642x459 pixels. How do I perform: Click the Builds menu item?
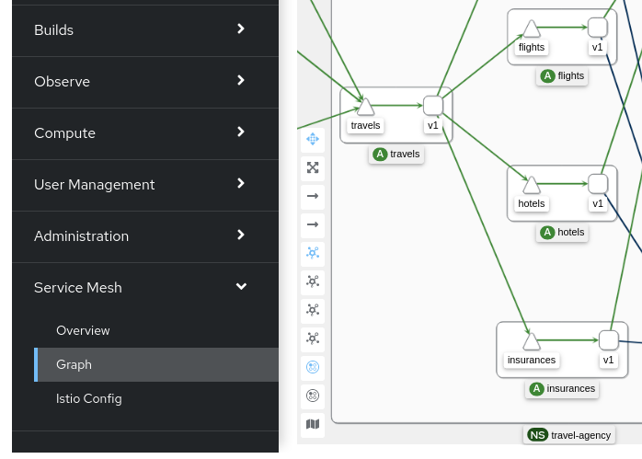[x=53, y=29]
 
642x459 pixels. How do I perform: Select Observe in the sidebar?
[x=62, y=81]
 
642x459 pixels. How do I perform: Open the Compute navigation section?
[x=64, y=132]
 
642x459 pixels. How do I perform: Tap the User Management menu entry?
[x=94, y=184]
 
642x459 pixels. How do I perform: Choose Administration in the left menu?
[x=81, y=235]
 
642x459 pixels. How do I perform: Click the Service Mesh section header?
[x=78, y=287]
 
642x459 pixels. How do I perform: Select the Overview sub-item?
[x=83, y=330]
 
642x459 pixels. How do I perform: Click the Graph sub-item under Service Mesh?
[x=74, y=364]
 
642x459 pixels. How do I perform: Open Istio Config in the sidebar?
[x=88, y=398]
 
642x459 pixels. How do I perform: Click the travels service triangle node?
[x=365, y=107]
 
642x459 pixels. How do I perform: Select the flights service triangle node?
[x=532, y=29]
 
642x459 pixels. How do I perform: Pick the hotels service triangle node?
[x=532, y=185]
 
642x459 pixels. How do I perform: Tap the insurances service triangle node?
[x=532, y=341]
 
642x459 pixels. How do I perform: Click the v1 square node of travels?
[x=433, y=105]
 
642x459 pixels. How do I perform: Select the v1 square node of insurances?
[x=609, y=339]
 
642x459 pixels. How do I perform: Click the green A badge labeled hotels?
[x=547, y=232]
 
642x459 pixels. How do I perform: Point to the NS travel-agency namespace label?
[x=568, y=434]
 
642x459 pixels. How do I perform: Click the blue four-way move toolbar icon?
[x=313, y=139]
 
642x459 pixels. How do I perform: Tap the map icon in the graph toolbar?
[x=313, y=424]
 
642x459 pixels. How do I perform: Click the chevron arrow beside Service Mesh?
[x=241, y=287]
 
